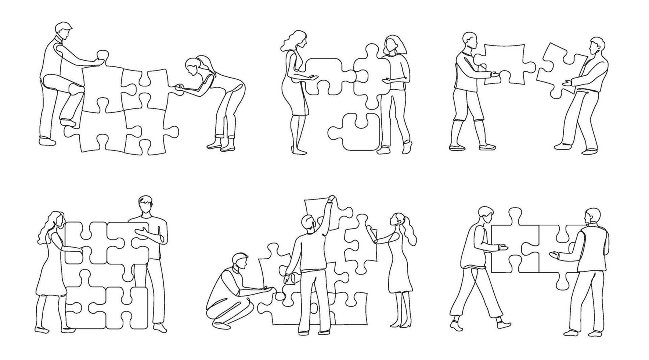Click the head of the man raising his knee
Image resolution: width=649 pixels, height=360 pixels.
(63, 31)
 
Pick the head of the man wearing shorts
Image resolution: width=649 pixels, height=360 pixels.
(469, 41)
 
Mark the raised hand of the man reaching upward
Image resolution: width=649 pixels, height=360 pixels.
(331, 199)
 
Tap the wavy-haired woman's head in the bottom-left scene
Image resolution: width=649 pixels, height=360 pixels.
(55, 220)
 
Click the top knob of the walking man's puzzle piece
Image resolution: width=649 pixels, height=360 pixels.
(514, 214)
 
